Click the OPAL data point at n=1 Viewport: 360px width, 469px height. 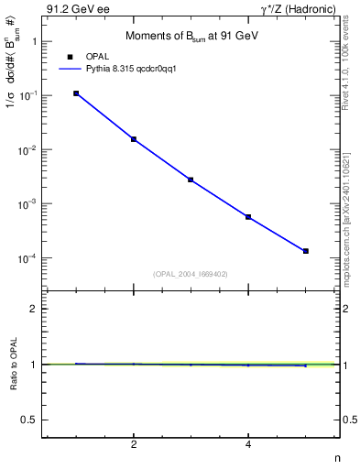76,93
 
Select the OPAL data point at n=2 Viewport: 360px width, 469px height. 134,139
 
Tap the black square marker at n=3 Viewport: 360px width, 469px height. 191,180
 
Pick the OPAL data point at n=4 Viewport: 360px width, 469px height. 248,217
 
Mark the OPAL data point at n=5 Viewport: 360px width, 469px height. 305,251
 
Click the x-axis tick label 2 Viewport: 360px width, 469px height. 134,444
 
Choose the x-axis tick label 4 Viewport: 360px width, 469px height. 248,444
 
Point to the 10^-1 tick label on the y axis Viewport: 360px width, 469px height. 29,95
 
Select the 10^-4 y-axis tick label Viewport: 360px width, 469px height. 29,258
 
